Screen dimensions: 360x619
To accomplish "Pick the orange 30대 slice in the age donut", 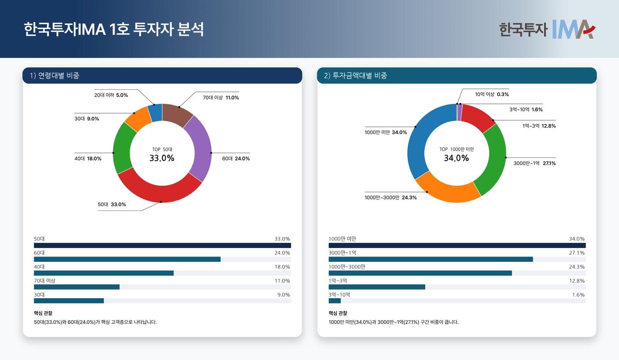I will tap(135, 118).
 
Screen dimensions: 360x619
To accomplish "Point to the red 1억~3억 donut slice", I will tap(478, 116).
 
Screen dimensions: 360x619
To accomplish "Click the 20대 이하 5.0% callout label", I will tap(111, 95).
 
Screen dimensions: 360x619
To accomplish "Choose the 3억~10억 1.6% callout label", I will tap(526, 109).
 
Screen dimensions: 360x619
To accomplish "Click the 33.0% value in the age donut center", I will tap(162, 158).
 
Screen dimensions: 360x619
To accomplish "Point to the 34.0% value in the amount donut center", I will tap(456, 158).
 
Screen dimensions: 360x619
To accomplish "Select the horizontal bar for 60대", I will tap(127, 259).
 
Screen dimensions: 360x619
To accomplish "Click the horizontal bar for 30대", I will tap(69, 301).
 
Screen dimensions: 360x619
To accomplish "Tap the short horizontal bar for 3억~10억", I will tap(335, 301).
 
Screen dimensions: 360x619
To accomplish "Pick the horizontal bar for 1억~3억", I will tap(377, 287).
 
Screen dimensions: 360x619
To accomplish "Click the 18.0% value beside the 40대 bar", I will tap(282, 267).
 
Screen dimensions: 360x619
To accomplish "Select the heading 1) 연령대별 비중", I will tap(55, 76).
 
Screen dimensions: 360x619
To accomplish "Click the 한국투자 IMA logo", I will tap(547, 29).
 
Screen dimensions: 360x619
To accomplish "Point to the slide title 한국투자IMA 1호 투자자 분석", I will tap(114, 30).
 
